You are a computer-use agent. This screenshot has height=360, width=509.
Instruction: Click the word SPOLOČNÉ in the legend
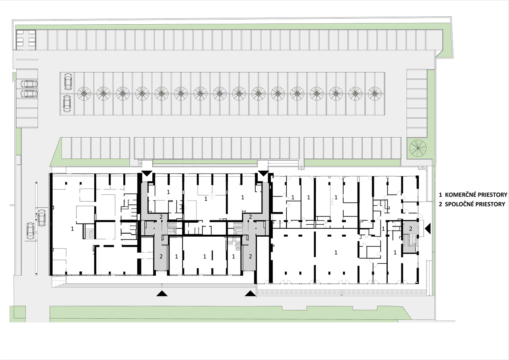point(457,204)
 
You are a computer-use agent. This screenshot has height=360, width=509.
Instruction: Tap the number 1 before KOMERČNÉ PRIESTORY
point(440,195)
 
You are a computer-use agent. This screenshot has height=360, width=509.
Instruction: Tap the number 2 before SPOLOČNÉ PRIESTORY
point(440,204)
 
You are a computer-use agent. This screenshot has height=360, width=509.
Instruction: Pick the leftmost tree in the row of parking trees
point(84,93)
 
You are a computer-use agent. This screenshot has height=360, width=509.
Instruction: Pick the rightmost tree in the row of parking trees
point(375,93)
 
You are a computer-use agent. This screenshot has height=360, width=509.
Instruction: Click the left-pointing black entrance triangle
point(428,228)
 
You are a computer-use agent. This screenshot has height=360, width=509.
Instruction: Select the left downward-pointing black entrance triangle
point(147,173)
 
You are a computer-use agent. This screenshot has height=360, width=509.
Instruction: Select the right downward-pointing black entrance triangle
point(264,173)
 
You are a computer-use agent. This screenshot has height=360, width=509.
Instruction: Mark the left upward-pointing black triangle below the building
point(162,294)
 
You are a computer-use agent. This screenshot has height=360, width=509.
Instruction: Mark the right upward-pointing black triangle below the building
point(251,294)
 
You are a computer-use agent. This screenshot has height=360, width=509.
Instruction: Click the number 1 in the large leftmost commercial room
point(72,229)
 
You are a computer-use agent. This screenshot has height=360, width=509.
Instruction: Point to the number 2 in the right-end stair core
point(410,229)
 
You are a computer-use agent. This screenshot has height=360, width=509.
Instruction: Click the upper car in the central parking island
point(68,81)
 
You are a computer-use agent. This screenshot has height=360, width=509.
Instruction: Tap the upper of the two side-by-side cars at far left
point(29,84)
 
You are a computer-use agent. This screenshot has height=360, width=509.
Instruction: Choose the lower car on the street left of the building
point(31,231)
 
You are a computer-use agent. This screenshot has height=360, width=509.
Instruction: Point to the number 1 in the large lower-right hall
point(336,252)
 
